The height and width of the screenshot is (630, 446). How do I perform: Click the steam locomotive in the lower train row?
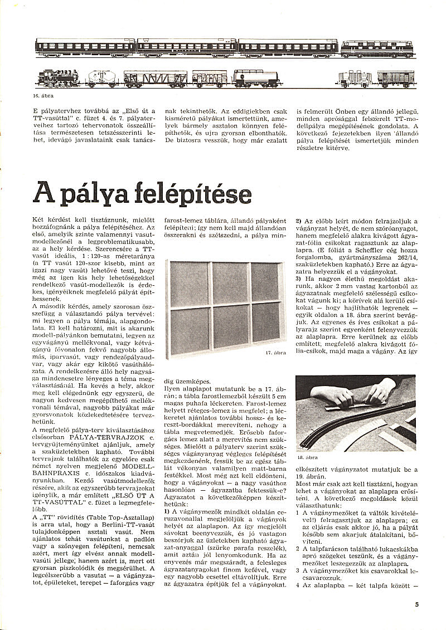(58, 79)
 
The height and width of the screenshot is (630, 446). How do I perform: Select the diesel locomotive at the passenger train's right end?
(377, 48)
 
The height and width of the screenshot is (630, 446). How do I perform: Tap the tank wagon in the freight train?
(249, 79)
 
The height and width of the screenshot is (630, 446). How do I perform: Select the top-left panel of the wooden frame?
(190, 282)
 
